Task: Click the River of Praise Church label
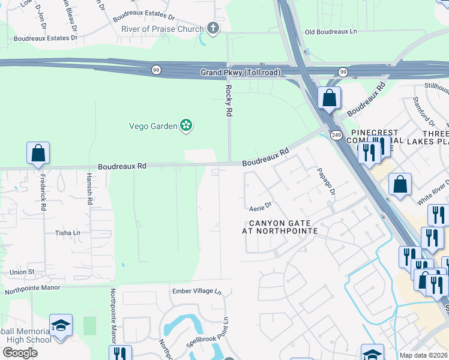[x=162, y=28]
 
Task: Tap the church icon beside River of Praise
[x=212, y=28]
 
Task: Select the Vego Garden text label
[x=153, y=125]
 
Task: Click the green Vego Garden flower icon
[x=187, y=125]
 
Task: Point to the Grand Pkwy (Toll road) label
[x=240, y=73]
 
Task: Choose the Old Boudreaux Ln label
[x=331, y=32]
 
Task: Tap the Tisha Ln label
[x=68, y=233]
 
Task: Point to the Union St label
[x=22, y=272]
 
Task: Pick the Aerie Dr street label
[x=261, y=206]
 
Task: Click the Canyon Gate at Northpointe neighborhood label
[x=279, y=227]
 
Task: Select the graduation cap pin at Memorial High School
[x=61, y=325]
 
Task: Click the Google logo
[x=19, y=353]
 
